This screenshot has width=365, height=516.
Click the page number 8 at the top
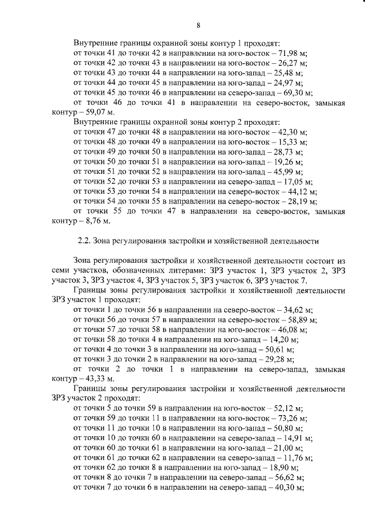(x=198, y=25)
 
